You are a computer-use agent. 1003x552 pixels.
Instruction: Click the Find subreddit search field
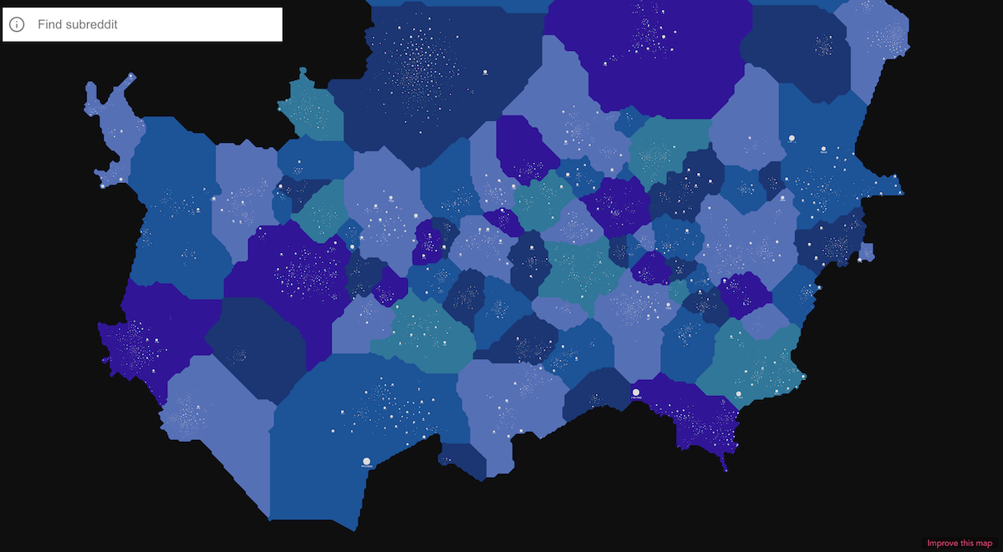[155, 25]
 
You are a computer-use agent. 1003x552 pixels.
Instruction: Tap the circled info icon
[17, 25]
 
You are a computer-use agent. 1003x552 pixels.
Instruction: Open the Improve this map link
[960, 544]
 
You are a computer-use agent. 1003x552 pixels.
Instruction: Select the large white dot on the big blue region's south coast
[366, 461]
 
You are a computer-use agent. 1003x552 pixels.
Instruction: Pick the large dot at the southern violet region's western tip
[636, 392]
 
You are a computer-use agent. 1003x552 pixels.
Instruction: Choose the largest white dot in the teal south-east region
[739, 394]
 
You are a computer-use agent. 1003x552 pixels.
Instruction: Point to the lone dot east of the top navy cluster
[484, 73]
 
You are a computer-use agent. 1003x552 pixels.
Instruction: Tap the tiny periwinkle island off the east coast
[866, 251]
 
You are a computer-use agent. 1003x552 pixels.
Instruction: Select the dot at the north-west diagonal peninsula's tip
[132, 77]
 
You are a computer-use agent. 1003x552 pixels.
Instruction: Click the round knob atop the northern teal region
[303, 72]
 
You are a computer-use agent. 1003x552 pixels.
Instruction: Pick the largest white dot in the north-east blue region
[792, 138]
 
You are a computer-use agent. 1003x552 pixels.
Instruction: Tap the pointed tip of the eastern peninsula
[901, 192]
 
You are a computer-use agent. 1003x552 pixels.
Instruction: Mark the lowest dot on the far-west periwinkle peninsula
[103, 185]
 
